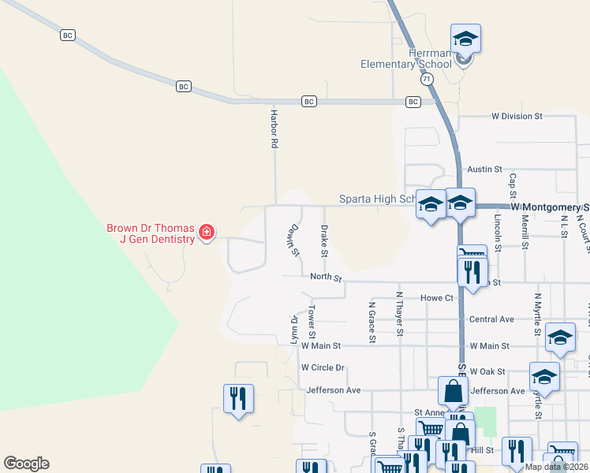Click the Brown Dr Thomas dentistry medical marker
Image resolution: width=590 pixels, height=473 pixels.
207,232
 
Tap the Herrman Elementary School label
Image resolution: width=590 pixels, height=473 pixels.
406,58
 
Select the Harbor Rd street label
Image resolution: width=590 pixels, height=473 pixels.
274,130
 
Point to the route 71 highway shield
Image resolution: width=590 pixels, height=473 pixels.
427,79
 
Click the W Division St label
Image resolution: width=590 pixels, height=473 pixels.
517,116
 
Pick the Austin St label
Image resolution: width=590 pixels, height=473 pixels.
484,169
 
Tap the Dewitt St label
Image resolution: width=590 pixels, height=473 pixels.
293,240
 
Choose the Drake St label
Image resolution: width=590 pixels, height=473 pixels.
323,240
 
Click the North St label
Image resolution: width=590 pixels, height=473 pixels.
326,277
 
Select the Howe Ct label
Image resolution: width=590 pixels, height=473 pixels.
437,298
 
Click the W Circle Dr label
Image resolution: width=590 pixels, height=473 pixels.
323,367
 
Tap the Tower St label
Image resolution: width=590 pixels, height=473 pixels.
312,317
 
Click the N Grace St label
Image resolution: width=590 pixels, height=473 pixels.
372,322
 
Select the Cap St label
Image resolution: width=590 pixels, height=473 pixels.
513,186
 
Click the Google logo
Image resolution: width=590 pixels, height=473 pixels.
26,464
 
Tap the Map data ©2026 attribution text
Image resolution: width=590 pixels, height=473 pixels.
556,467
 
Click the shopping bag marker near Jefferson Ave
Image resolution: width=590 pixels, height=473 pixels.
453,391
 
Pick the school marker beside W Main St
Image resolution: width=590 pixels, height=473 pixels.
560,338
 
